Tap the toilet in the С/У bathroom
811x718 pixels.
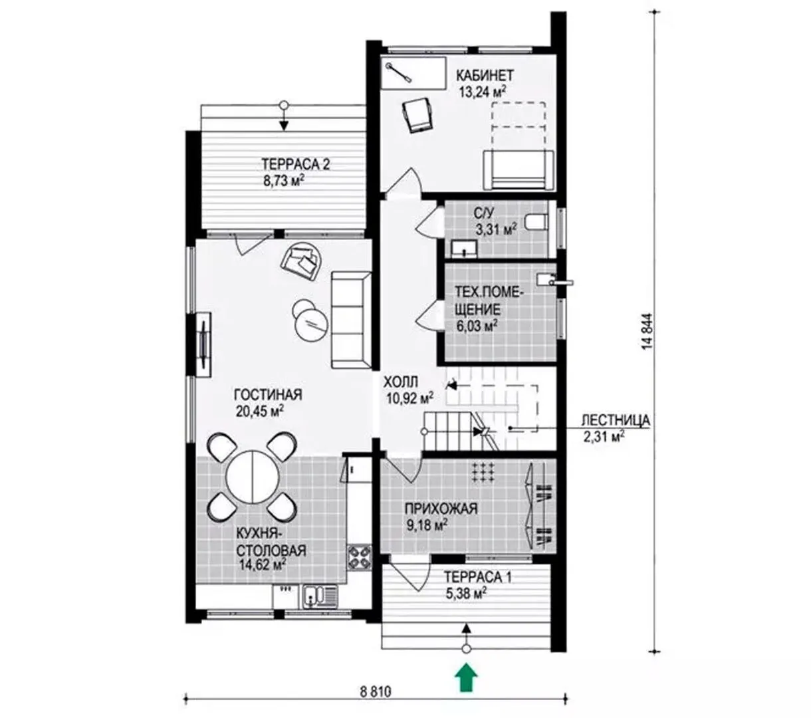[x=536, y=221]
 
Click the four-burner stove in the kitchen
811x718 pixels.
[x=359, y=557]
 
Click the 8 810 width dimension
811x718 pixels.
[x=375, y=691]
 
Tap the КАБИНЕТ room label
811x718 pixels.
[x=485, y=75]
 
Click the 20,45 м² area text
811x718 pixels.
[x=260, y=411]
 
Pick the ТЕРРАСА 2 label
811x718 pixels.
[x=295, y=164]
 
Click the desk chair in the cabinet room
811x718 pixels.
[x=418, y=114]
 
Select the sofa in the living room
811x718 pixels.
[x=351, y=320]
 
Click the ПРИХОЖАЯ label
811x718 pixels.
[x=441, y=509]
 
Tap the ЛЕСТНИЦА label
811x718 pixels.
[x=616, y=420]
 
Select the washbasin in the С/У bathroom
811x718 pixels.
[x=465, y=249]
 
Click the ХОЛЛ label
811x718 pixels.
[x=401, y=382]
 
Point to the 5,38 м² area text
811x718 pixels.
[x=466, y=593]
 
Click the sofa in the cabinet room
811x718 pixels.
[x=518, y=170]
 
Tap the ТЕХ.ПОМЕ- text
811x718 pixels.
[x=489, y=293]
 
